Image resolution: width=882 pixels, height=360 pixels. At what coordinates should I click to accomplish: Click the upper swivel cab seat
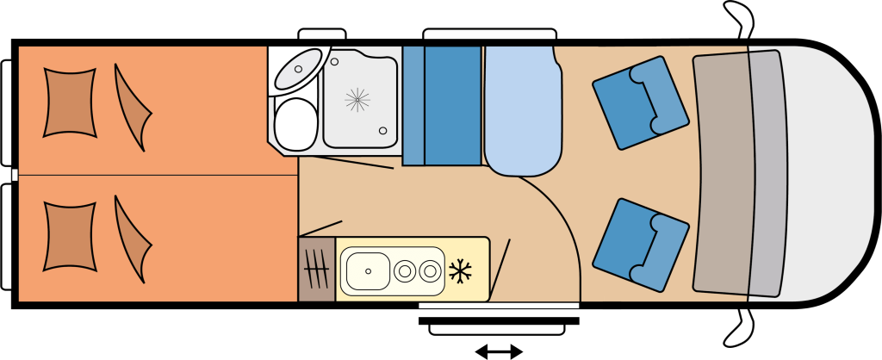640,102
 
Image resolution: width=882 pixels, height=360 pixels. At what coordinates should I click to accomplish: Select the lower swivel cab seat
640,244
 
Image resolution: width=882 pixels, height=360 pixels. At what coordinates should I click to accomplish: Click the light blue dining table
522,108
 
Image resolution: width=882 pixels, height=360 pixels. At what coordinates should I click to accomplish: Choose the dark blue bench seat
452,105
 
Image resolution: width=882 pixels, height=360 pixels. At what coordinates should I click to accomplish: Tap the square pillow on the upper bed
69,102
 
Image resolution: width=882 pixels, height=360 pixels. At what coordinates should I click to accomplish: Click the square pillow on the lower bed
69,236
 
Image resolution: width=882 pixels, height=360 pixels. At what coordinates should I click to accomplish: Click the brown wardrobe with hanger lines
316,270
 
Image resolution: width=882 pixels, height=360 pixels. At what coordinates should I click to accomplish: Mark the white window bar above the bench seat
489,34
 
